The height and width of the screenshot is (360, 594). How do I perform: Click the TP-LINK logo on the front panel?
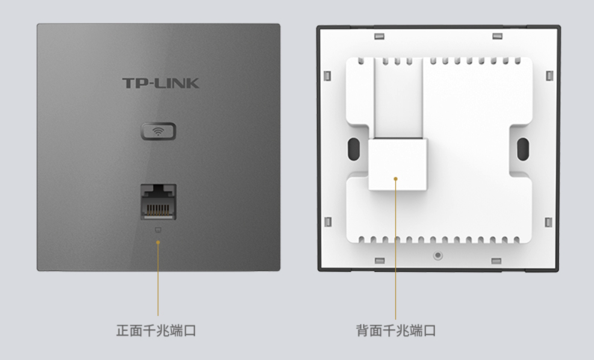[x=161, y=84]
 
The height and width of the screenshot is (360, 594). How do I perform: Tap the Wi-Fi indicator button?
[x=158, y=131]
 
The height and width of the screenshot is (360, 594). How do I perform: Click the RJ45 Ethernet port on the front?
[x=158, y=202]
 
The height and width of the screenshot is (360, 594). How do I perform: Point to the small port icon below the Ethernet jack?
[x=158, y=230]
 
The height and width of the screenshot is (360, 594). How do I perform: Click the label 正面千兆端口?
[x=156, y=330]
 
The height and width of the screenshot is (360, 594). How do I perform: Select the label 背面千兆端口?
[x=396, y=330]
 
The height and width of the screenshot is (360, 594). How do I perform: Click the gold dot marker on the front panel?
[x=158, y=242]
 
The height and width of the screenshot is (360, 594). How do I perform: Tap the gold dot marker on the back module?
[x=395, y=179]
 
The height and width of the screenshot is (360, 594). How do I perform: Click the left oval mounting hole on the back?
[x=353, y=149]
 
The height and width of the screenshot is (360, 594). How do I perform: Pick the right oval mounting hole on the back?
[x=523, y=149]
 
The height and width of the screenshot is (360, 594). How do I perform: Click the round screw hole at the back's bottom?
[x=438, y=255]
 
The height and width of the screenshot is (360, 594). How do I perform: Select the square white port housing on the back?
[x=397, y=164]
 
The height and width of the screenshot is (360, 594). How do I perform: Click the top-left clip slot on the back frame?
[x=380, y=37]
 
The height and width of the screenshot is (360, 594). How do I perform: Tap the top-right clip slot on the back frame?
[x=498, y=36]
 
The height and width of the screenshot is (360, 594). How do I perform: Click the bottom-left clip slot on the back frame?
[x=380, y=261]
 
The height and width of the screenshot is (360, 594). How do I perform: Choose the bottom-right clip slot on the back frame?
[x=496, y=261]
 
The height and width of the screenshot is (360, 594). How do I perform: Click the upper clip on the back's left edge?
[x=328, y=75]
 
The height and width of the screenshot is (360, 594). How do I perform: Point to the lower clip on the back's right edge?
[x=548, y=223]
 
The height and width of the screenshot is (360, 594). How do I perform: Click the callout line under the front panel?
[x=158, y=280]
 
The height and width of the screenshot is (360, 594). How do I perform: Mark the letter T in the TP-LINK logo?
[x=129, y=84]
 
